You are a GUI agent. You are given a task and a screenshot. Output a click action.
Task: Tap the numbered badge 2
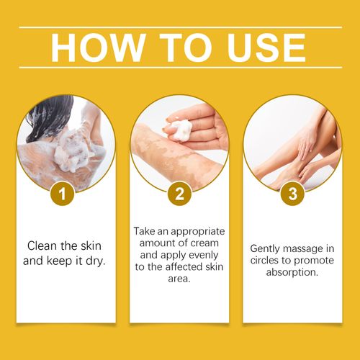(180, 194)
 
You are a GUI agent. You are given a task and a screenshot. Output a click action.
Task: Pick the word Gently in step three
(266, 248)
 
